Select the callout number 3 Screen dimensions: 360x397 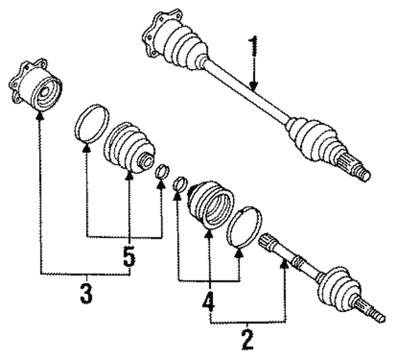86,292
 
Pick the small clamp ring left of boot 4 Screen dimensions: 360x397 179,184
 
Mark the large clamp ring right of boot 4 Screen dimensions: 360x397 244,226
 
